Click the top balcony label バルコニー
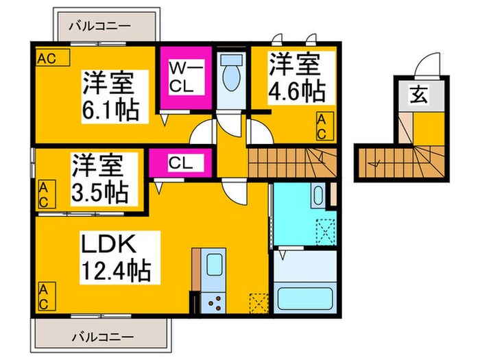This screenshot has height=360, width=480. [x=100, y=25]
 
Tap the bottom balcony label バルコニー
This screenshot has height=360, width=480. [x=100, y=337]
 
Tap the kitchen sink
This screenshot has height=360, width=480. [x=215, y=267]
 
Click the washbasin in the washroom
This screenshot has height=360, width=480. [x=318, y=197]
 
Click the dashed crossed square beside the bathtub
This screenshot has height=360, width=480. [x=325, y=229]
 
